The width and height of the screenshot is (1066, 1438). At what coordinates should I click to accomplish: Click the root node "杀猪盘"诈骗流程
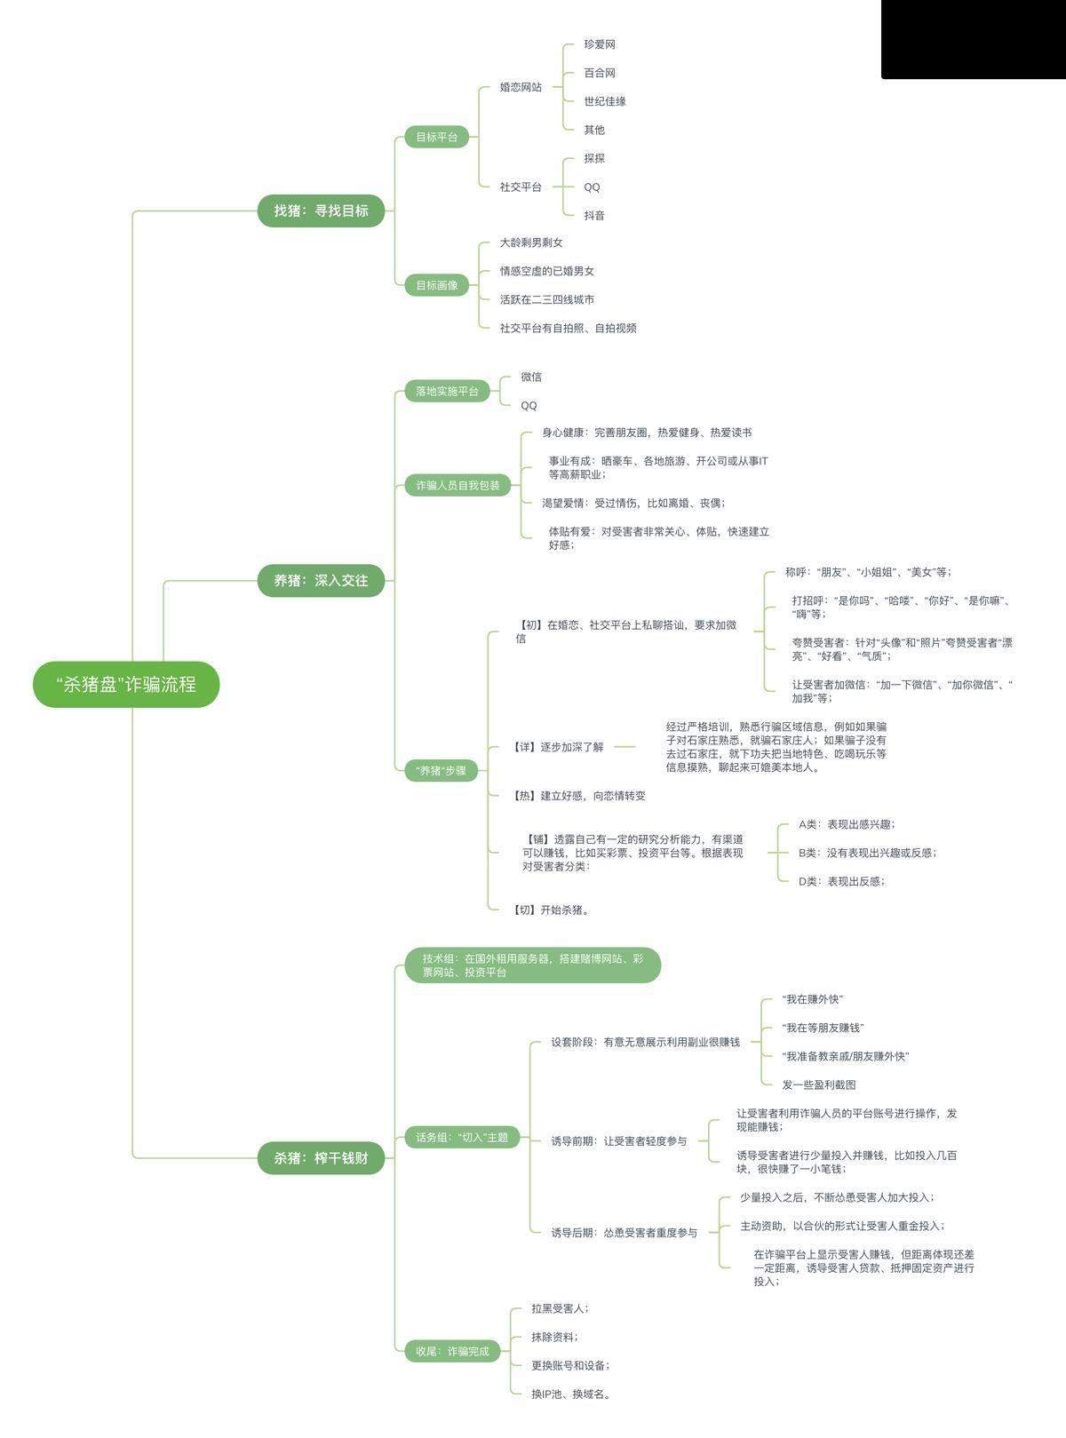coord(125,684)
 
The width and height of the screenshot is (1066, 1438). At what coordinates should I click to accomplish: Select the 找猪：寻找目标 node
coord(321,211)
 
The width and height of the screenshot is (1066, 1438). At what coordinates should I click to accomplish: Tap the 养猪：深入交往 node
coord(321,580)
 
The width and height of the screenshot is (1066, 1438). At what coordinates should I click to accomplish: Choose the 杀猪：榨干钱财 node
coord(321,1158)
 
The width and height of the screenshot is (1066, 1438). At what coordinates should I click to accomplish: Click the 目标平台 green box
coord(436,137)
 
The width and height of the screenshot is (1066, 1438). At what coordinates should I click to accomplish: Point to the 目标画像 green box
coord(436,285)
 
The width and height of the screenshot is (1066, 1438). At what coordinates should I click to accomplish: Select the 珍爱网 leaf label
coord(600,44)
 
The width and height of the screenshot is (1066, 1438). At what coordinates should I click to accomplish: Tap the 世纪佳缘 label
coord(605,101)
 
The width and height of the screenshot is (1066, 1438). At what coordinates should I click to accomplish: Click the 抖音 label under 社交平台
coord(594,215)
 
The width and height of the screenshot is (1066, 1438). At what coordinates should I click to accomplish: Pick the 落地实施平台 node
coord(447,391)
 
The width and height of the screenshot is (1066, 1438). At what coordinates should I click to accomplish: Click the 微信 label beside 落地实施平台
coord(531,377)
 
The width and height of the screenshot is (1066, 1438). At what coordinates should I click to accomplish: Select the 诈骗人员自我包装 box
coord(457,485)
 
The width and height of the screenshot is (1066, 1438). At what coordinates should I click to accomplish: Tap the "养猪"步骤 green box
coord(441,770)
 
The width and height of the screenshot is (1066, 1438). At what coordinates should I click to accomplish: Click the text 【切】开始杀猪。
coord(552,910)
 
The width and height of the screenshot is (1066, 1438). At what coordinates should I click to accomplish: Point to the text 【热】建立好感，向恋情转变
coord(579,796)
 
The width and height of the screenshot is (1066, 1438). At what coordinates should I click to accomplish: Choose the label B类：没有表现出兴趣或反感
coord(867,853)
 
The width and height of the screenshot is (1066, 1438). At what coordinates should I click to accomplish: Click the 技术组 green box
coord(532,965)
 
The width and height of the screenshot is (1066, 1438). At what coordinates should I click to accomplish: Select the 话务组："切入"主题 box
coord(462,1137)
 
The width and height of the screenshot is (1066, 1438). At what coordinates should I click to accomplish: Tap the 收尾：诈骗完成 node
coord(452,1351)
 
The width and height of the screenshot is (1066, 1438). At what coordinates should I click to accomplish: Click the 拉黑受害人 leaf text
coord(560,1308)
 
